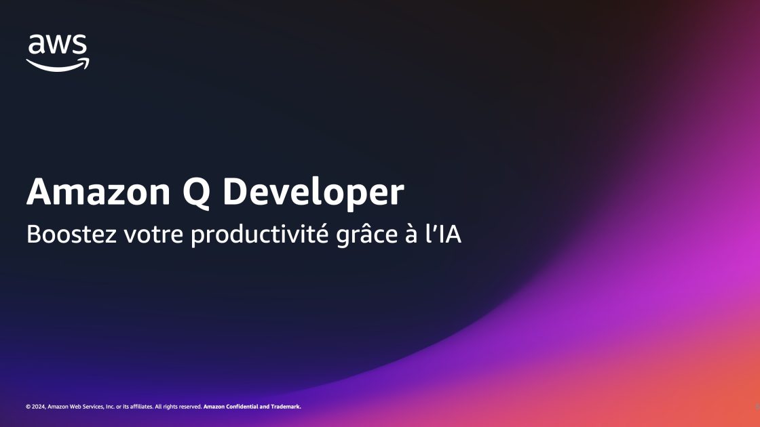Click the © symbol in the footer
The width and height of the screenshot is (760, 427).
[28, 407]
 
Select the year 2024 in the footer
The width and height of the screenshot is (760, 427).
[39, 407]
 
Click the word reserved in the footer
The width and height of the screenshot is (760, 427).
[190, 407]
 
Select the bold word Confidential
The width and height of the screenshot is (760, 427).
[249, 407]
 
